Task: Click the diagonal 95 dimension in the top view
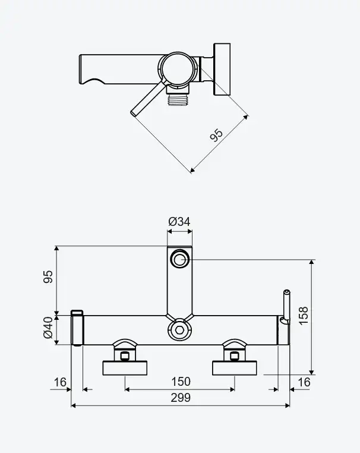point(216,135)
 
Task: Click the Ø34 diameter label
point(179,222)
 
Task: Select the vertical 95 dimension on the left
point(48,276)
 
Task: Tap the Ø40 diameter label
point(48,328)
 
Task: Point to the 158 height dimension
point(304,316)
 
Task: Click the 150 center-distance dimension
point(181,382)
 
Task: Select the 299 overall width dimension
point(181,398)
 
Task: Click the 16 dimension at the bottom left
point(60,382)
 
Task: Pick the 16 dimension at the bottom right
point(304,382)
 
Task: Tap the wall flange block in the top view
point(222,70)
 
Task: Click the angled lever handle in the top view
point(148,99)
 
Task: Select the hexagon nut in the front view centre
point(179,330)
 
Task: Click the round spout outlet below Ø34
point(180,258)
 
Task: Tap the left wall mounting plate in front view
point(125,368)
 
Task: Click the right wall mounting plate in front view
point(235,368)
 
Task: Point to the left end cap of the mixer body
point(77,328)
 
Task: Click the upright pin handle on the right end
point(287,306)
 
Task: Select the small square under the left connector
point(125,357)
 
